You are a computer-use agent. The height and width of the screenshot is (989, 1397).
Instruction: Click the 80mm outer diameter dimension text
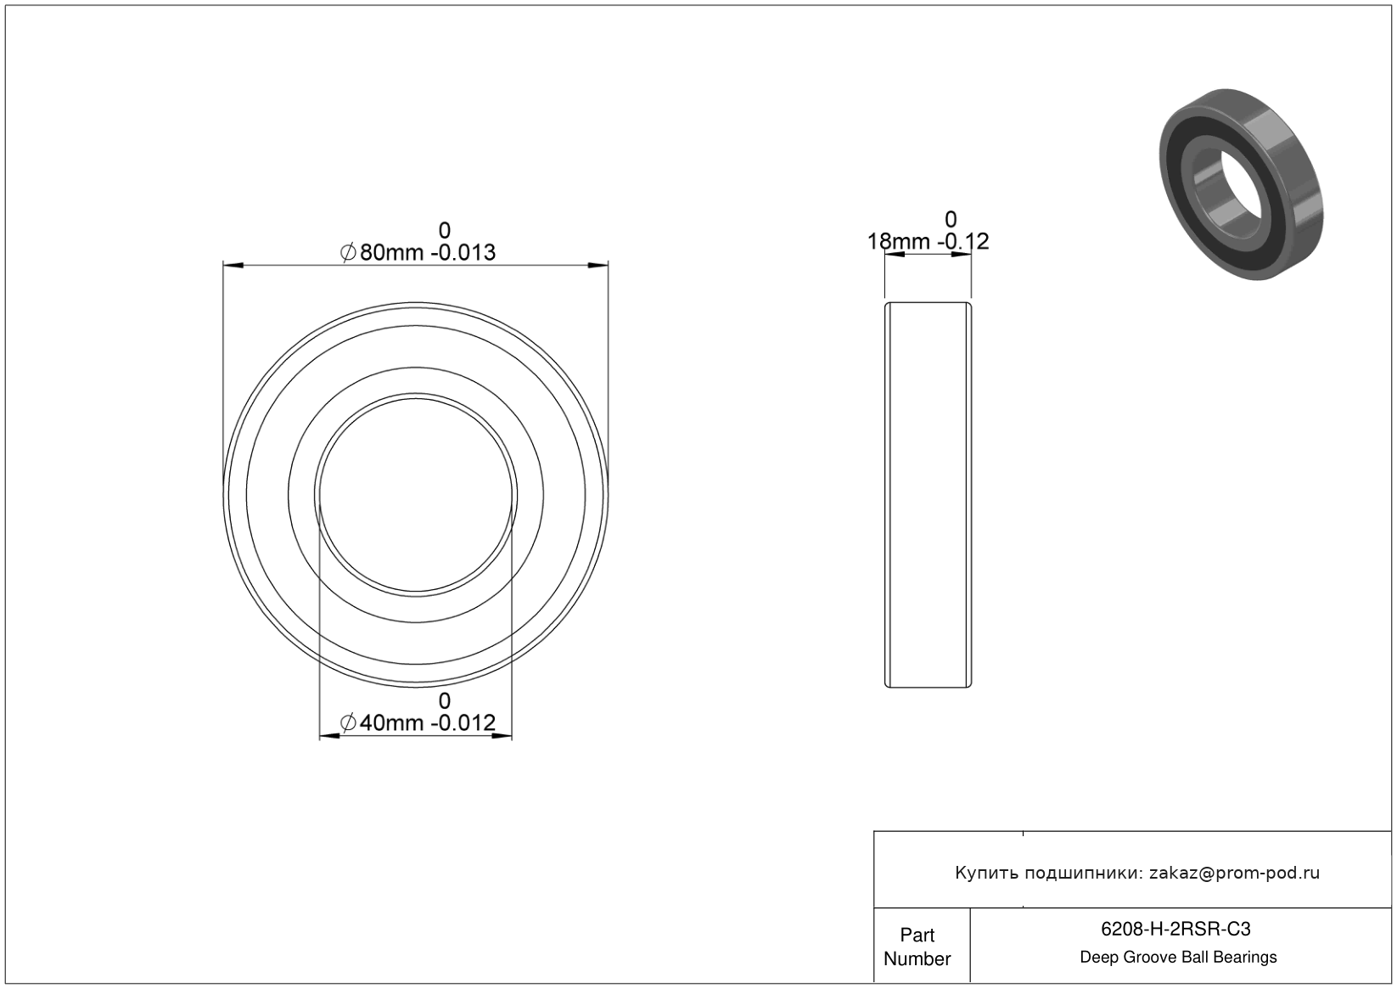click(x=391, y=253)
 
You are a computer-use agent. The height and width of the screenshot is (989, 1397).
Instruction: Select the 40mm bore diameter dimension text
click(x=391, y=723)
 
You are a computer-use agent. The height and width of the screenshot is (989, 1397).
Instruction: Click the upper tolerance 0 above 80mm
click(x=444, y=231)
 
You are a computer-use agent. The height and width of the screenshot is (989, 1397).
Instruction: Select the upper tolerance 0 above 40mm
click(x=444, y=701)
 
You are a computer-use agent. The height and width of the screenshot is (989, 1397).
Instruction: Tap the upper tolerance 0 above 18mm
click(x=951, y=220)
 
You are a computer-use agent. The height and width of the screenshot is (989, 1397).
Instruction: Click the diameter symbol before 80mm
click(x=348, y=253)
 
